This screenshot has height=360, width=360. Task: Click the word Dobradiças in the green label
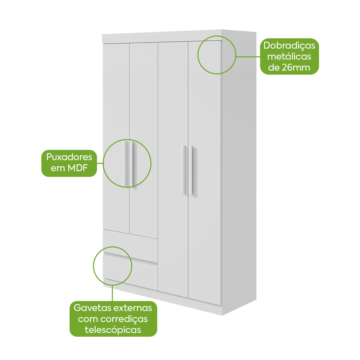[289, 46]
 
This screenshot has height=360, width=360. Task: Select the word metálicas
[289, 56]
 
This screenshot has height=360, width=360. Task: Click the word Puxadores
[69, 157]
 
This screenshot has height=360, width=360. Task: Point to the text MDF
[78, 168]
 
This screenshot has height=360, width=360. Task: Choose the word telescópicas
[113, 330]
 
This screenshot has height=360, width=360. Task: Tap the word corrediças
[124, 319]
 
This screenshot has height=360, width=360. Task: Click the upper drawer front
[130, 246]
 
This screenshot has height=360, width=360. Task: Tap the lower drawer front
[130, 272]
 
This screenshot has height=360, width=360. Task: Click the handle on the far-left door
[126, 164]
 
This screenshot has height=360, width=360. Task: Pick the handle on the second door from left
[134, 165]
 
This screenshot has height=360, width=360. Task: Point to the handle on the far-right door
[194, 171]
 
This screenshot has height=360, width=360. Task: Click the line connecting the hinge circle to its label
[248, 56]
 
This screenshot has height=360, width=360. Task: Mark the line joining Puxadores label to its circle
[100, 163]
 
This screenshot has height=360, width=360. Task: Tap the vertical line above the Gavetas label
[113, 293]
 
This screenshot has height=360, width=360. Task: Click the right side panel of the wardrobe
[239, 172]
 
